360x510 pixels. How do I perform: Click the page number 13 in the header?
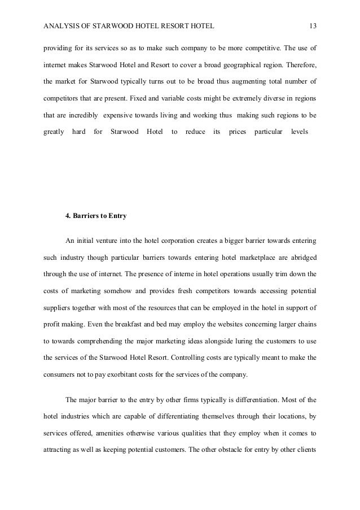[313, 25]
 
